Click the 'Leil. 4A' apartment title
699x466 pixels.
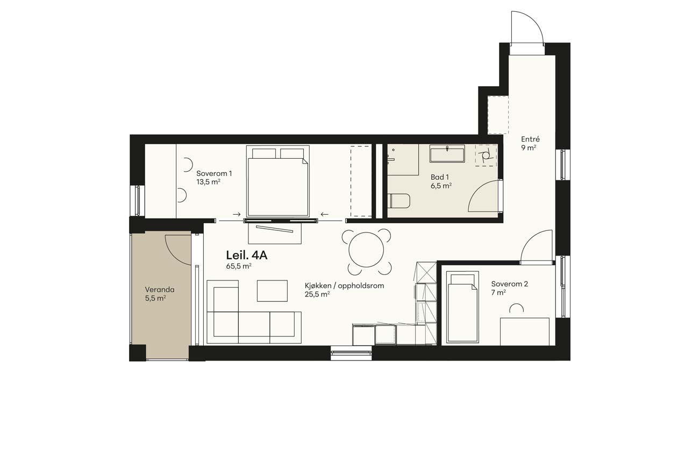[246, 255]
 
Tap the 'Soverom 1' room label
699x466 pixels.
[214, 173]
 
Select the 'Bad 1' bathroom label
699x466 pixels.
[440, 177]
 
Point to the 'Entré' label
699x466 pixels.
[530, 139]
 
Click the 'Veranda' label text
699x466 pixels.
[160, 290]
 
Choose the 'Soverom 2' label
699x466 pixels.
[510, 284]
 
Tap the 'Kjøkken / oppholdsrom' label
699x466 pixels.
[344, 286]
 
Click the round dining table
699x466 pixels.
[366, 250]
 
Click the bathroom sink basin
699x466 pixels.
[447, 154]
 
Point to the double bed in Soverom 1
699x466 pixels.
[278, 181]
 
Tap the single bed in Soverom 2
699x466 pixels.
[462, 307]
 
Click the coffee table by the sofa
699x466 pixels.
[272, 291]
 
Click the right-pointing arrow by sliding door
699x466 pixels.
[237, 214]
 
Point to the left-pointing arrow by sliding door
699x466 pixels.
[325, 214]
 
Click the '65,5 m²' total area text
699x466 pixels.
[239, 266]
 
